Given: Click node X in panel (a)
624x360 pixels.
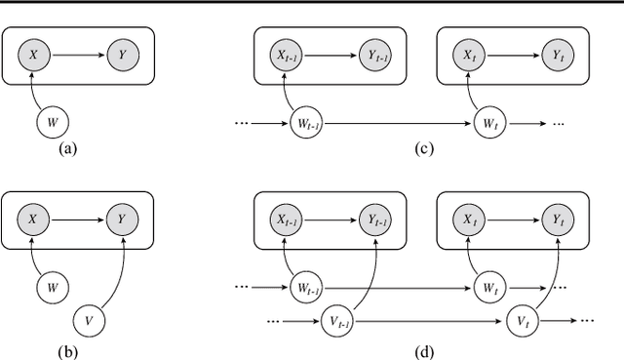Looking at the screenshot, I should (x=35, y=57).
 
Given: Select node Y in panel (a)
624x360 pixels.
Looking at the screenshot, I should (x=123, y=57).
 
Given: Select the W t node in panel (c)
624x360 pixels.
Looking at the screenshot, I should (x=485, y=124).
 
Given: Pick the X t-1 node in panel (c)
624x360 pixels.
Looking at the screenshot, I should (x=287, y=57).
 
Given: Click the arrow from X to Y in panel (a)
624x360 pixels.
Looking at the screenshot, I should (x=78, y=57).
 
